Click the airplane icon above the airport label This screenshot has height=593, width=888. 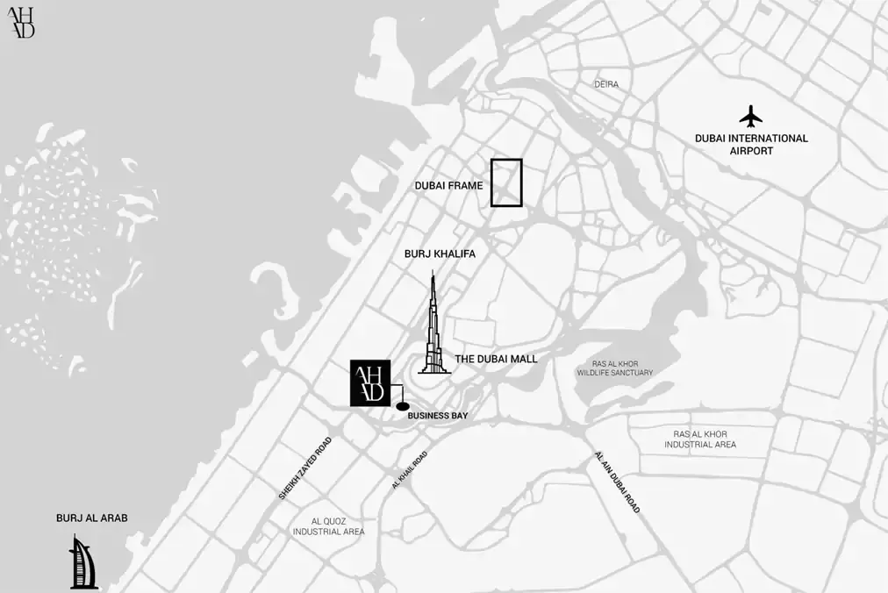(x=750, y=116)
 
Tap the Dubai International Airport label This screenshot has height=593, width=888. (x=751, y=145)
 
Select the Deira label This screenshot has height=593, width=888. (x=606, y=84)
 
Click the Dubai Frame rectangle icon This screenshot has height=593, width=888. (x=506, y=182)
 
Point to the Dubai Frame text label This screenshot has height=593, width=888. (x=448, y=186)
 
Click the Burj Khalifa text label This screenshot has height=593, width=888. (x=440, y=254)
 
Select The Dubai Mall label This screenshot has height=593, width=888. (x=496, y=359)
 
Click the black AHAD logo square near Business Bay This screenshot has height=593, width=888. (x=369, y=383)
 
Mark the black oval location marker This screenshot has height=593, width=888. (x=403, y=406)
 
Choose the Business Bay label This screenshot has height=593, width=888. (x=438, y=416)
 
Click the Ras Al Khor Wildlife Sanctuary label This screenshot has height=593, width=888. (x=615, y=368)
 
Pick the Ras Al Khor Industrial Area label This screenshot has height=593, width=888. (x=700, y=439)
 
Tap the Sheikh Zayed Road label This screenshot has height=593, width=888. (x=305, y=468)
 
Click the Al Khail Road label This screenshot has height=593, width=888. (x=409, y=470)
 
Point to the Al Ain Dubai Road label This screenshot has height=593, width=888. (x=617, y=483)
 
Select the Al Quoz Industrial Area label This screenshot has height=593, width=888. (x=329, y=526)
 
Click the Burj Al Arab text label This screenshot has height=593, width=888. (x=92, y=518)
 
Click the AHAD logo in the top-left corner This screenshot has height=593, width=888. (x=21, y=22)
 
